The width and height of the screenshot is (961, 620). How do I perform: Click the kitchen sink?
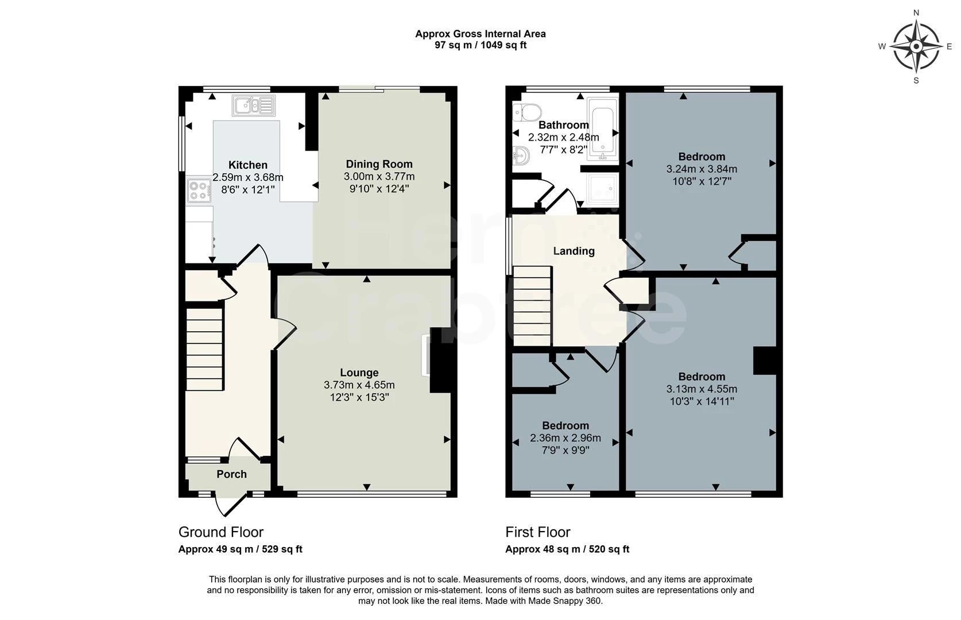(x=254, y=106)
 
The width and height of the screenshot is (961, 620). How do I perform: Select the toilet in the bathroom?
(x=527, y=113)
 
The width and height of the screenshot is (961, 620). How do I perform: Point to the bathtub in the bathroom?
(x=603, y=129)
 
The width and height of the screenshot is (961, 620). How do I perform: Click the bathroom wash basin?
(x=521, y=156)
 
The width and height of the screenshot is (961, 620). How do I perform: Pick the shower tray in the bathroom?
(x=603, y=188)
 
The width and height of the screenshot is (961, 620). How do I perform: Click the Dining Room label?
(x=379, y=164)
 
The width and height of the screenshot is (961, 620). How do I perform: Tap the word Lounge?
(x=359, y=373)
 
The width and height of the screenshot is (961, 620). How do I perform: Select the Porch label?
(x=232, y=474)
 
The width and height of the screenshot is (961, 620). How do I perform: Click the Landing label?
(x=573, y=251)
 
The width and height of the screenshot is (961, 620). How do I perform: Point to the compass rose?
(x=916, y=46)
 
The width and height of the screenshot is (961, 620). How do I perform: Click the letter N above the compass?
(x=916, y=13)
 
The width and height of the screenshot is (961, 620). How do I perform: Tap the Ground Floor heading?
(x=221, y=532)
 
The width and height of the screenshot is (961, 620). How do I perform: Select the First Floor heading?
(x=538, y=532)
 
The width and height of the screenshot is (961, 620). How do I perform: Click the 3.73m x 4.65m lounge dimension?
(x=359, y=385)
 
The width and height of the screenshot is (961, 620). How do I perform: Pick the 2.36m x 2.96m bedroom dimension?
(x=565, y=438)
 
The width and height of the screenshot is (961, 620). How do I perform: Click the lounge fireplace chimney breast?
(x=440, y=360)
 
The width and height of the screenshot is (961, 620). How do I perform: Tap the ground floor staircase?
(x=204, y=349)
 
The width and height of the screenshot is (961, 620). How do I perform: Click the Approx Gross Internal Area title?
(x=480, y=34)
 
